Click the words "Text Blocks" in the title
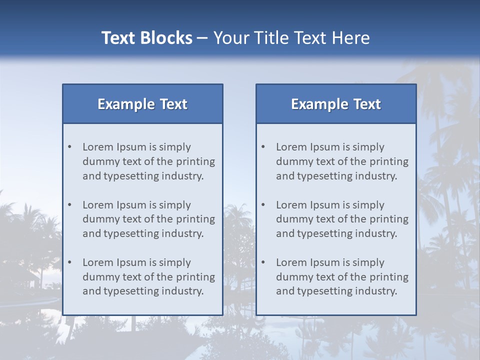tap(146, 38)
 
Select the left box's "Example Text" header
tap(142, 104)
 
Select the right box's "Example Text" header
tap(336, 104)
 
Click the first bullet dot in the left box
tap(70, 147)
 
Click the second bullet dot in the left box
tap(70, 205)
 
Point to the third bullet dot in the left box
tap(70, 262)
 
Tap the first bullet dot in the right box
tap(263, 147)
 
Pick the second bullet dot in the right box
tap(263, 205)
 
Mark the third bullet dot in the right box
tap(263, 262)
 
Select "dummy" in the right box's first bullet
tap(292, 161)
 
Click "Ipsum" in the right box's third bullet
tap(325, 262)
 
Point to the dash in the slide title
tap(202, 38)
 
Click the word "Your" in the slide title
tap(230, 38)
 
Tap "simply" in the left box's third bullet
tap(175, 262)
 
